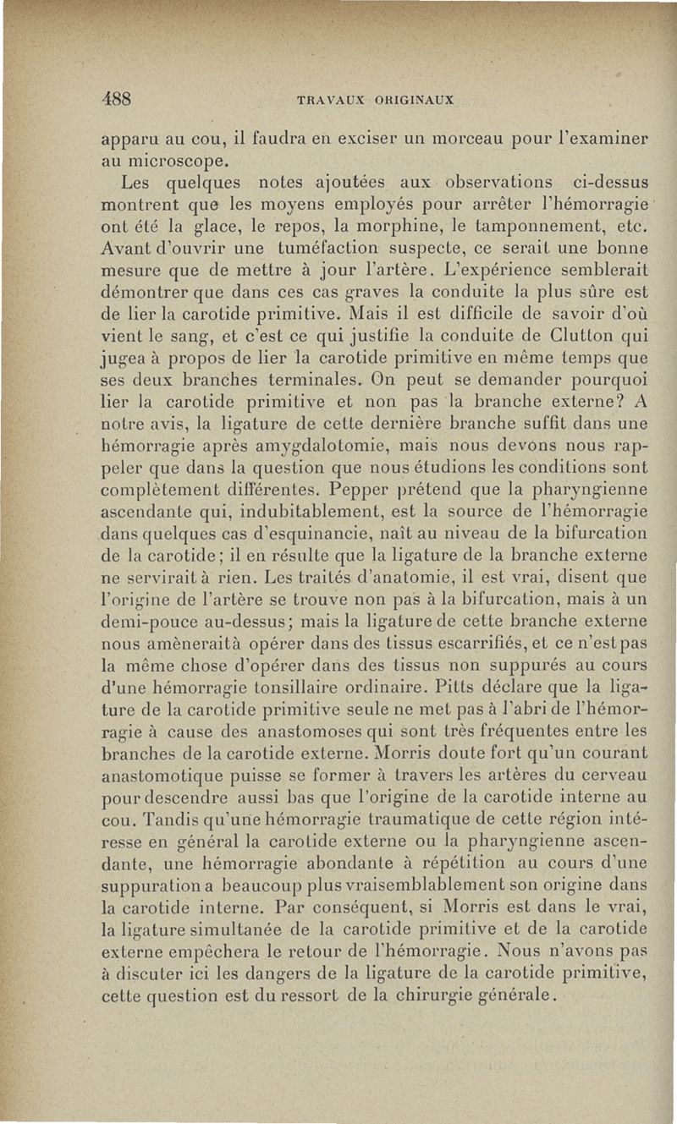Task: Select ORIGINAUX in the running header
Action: (x=411, y=100)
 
